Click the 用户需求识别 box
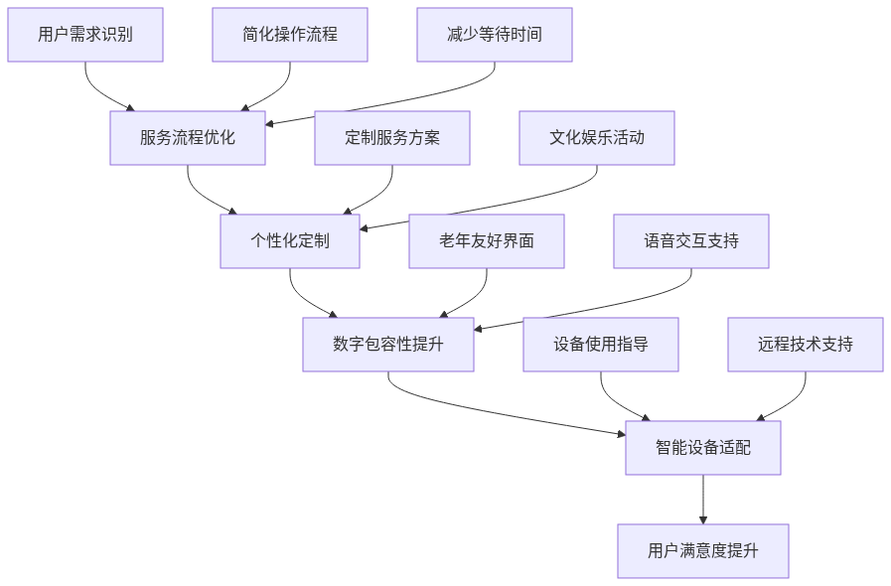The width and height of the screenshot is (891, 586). tap(85, 35)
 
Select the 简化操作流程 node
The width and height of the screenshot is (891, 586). tap(290, 35)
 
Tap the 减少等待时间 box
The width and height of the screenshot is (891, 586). tap(495, 35)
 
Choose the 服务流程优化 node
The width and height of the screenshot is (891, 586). tap(188, 138)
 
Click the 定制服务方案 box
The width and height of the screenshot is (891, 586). tap(392, 138)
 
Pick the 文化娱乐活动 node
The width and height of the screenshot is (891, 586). tap(597, 138)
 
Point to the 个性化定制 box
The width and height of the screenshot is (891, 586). tap(290, 241)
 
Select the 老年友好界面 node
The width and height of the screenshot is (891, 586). tap(487, 241)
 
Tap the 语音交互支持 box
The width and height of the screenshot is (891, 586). tap(691, 241)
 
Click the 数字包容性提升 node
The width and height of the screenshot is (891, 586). tap(388, 345)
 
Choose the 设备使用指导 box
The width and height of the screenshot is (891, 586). tap(601, 345)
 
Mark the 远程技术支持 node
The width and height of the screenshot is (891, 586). tap(806, 345)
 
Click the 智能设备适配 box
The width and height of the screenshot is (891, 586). tap(703, 448)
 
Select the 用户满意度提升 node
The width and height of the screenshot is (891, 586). tap(703, 551)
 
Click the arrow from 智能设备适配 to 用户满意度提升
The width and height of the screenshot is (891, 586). tap(703, 500)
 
